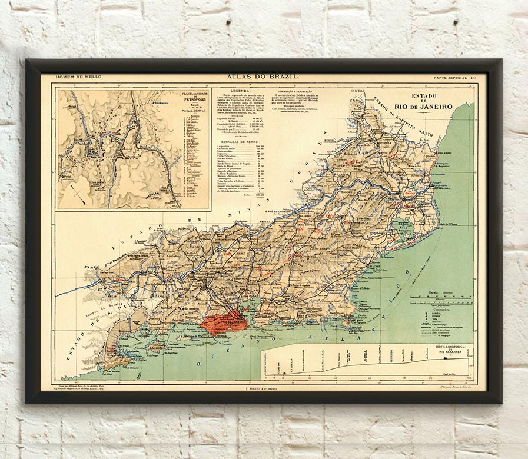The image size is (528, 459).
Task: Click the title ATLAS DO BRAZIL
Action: [262, 76]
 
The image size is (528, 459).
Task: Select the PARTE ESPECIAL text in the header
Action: [450, 78]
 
